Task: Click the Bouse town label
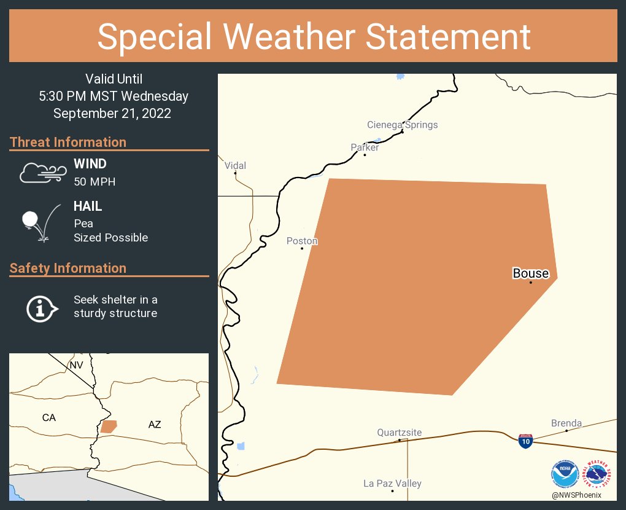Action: (x=531, y=273)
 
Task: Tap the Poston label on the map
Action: (x=302, y=241)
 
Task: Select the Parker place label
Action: (x=365, y=147)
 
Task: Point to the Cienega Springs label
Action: (x=403, y=125)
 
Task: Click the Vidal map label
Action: (x=235, y=166)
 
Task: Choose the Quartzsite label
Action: (x=400, y=433)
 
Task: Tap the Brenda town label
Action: (x=566, y=423)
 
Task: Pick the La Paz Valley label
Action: (x=392, y=484)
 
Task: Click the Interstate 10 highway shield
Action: (x=525, y=441)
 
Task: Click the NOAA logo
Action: (x=565, y=475)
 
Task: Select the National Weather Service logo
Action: (x=598, y=475)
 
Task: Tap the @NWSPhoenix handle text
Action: (x=576, y=495)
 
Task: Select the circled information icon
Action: (x=41, y=307)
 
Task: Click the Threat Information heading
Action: (x=68, y=143)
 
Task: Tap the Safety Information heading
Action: (x=68, y=269)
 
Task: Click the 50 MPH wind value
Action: (x=95, y=182)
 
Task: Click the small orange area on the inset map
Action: (x=109, y=426)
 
